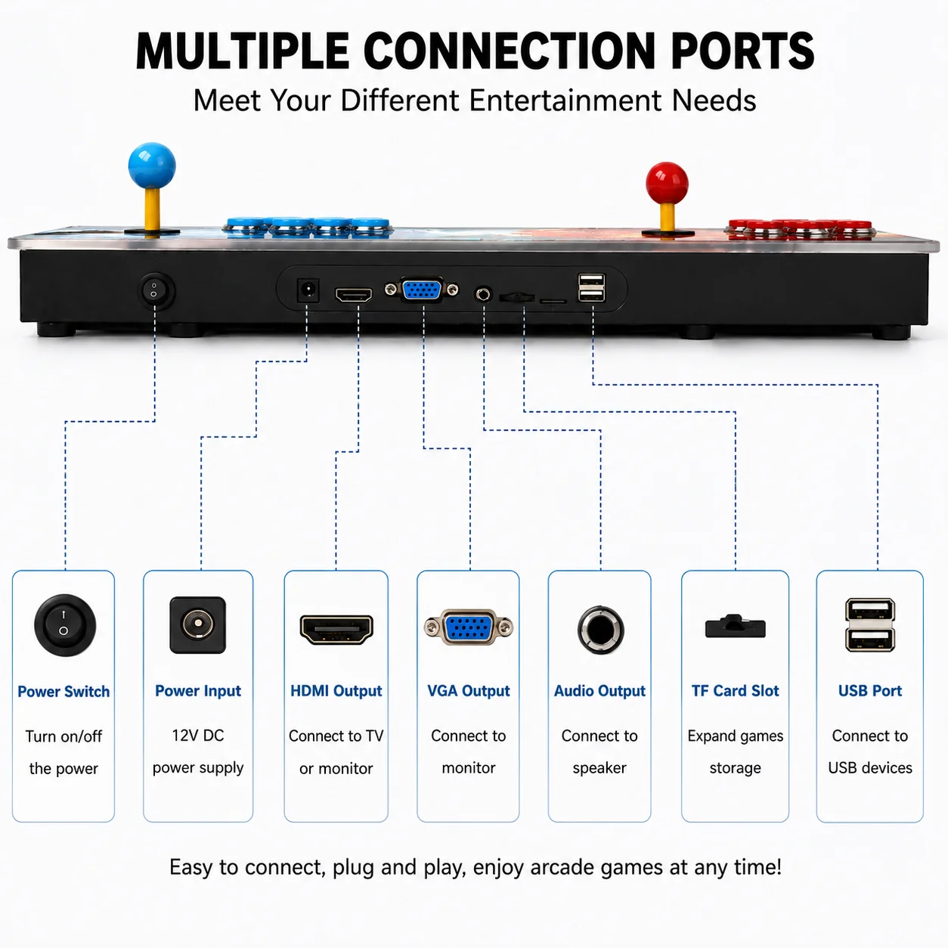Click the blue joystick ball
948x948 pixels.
coord(152,166)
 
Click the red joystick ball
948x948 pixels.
coord(667,183)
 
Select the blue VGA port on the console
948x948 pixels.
coord(422,290)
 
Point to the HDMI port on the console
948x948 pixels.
coord(354,295)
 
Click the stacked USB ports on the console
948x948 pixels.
coord(591,287)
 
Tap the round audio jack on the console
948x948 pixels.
coord(483,295)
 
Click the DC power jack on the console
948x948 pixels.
coord(308,290)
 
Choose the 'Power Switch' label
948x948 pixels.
coord(64,692)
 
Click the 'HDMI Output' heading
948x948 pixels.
coord(336,691)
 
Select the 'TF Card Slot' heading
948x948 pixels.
coord(735,691)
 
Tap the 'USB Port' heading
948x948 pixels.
coord(870,691)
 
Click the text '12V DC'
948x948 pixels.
coord(198,736)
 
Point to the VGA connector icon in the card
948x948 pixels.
coord(469,627)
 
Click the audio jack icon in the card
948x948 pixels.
coord(600,630)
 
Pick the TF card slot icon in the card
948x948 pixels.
coord(735,626)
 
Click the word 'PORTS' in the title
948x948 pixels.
coord(742,51)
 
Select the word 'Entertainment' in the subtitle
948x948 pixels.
coord(565,101)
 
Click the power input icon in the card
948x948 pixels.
coord(198,624)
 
